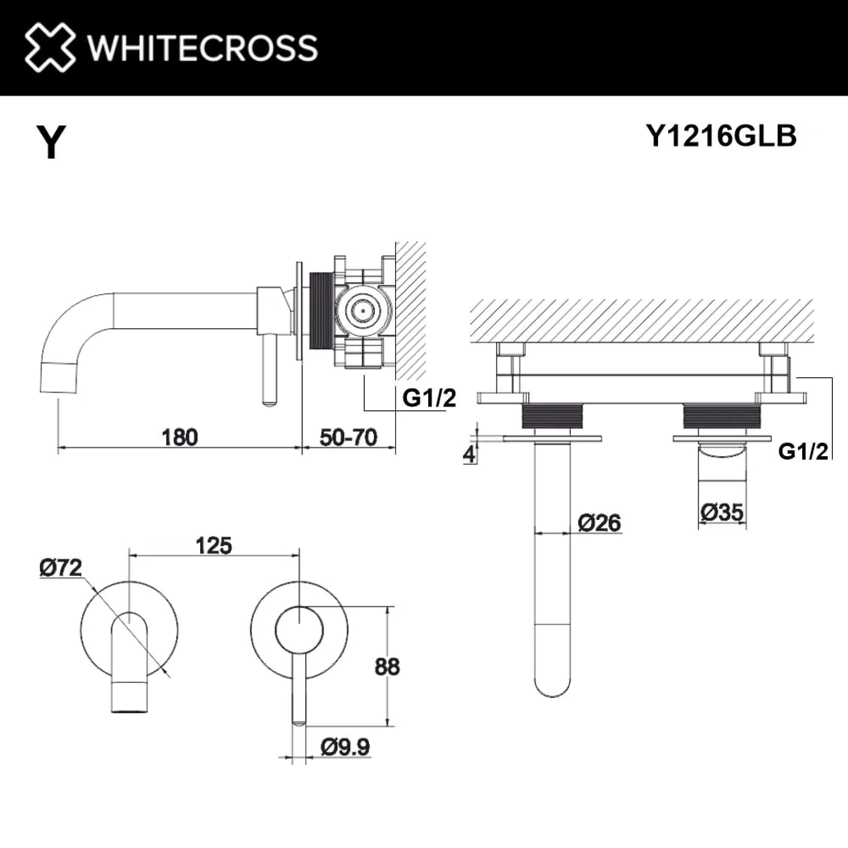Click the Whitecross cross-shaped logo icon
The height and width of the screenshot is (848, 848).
coord(50,47)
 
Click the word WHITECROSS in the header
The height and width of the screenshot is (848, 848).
coord(202,48)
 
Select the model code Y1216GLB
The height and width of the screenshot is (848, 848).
coord(721,136)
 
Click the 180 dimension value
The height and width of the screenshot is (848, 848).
coord(179,438)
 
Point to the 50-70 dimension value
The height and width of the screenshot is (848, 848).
coord(348,438)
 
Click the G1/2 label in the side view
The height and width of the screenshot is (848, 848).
coord(429,398)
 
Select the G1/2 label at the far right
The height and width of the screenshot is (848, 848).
coord(803,451)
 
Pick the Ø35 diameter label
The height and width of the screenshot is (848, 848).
coord(722,512)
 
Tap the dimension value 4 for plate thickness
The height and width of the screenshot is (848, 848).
coord(469,454)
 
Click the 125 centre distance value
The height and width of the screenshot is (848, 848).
coord(214,546)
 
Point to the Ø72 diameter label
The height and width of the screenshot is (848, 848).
coord(61,568)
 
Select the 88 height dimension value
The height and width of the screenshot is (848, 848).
coord(387,667)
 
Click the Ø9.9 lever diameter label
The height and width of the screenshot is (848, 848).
coord(345,747)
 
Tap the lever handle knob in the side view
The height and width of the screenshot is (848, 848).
coord(269,400)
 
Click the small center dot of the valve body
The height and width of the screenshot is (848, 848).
coord(363,311)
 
